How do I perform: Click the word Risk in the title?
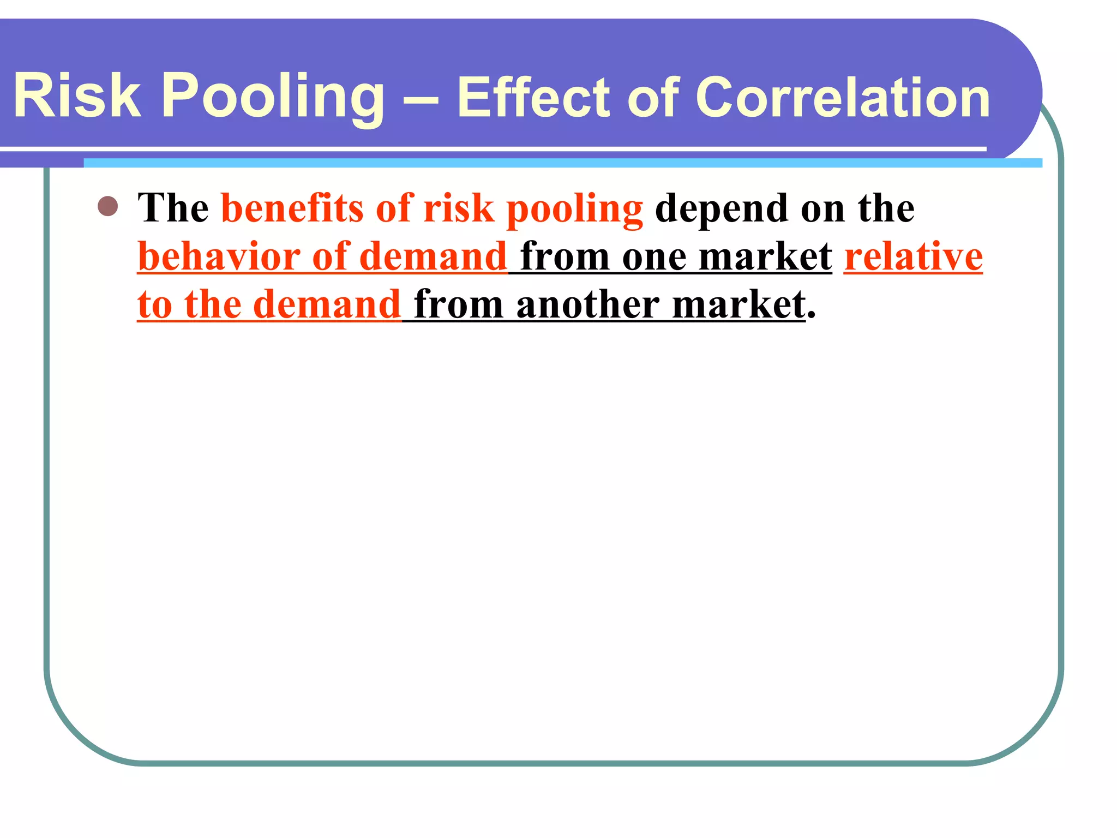pos(76,96)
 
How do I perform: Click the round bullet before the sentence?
pos(108,207)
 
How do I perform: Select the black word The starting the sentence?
pos(173,208)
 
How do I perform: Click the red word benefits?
pos(292,208)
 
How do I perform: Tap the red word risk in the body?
pos(459,208)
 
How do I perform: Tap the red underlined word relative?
pos(913,256)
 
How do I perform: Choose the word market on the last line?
pos(738,304)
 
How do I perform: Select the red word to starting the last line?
pos(155,305)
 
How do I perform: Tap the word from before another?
pos(458,304)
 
